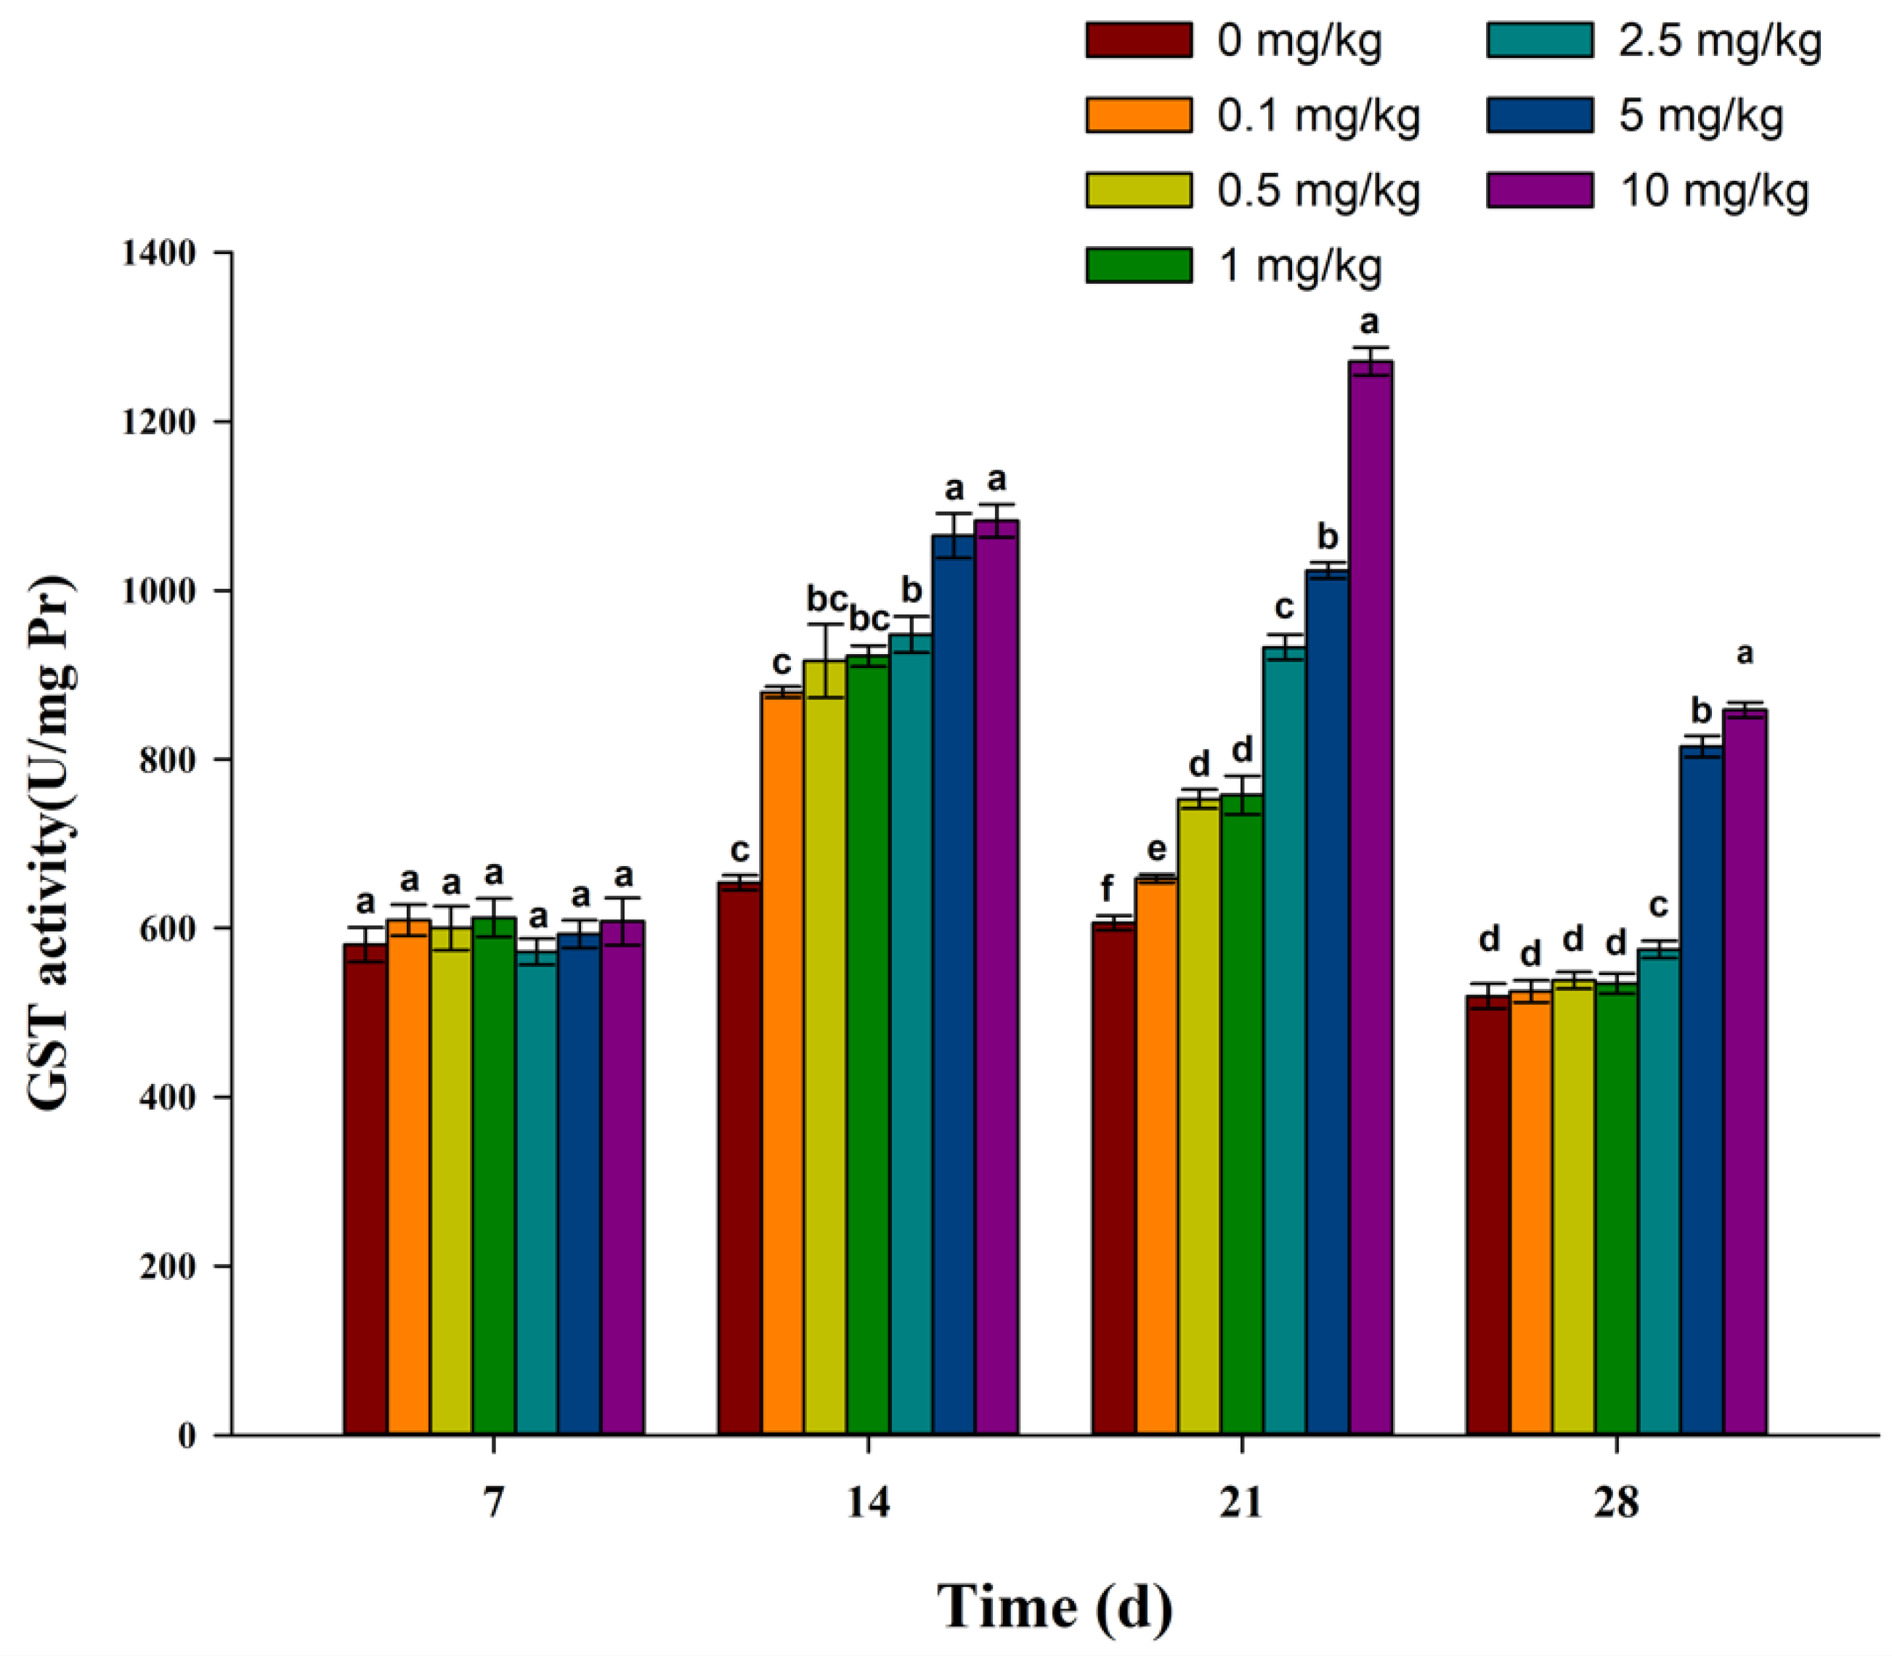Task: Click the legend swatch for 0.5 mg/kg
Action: (x=1138, y=190)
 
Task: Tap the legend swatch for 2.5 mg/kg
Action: (x=1540, y=41)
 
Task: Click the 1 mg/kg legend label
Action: (x=1299, y=266)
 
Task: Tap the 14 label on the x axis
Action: (x=868, y=1504)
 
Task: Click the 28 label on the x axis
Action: (x=1615, y=1504)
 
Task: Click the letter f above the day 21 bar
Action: (x=1108, y=889)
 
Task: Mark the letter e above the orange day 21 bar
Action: (x=1156, y=849)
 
